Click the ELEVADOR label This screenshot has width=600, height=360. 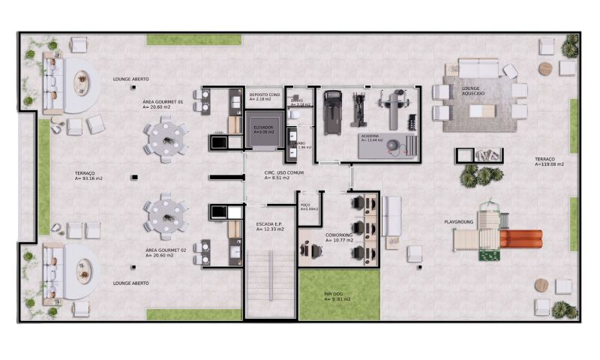click(x=262, y=127)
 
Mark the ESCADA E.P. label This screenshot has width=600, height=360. click(x=269, y=223)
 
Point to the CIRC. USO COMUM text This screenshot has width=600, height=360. click(x=277, y=173)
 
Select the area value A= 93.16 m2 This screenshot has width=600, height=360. click(x=88, y=178)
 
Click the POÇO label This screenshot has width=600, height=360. click(x=305, y=204)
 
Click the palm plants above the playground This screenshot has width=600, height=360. click(x=480, y=175)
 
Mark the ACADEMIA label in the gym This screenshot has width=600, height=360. click(x=371, y=136)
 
